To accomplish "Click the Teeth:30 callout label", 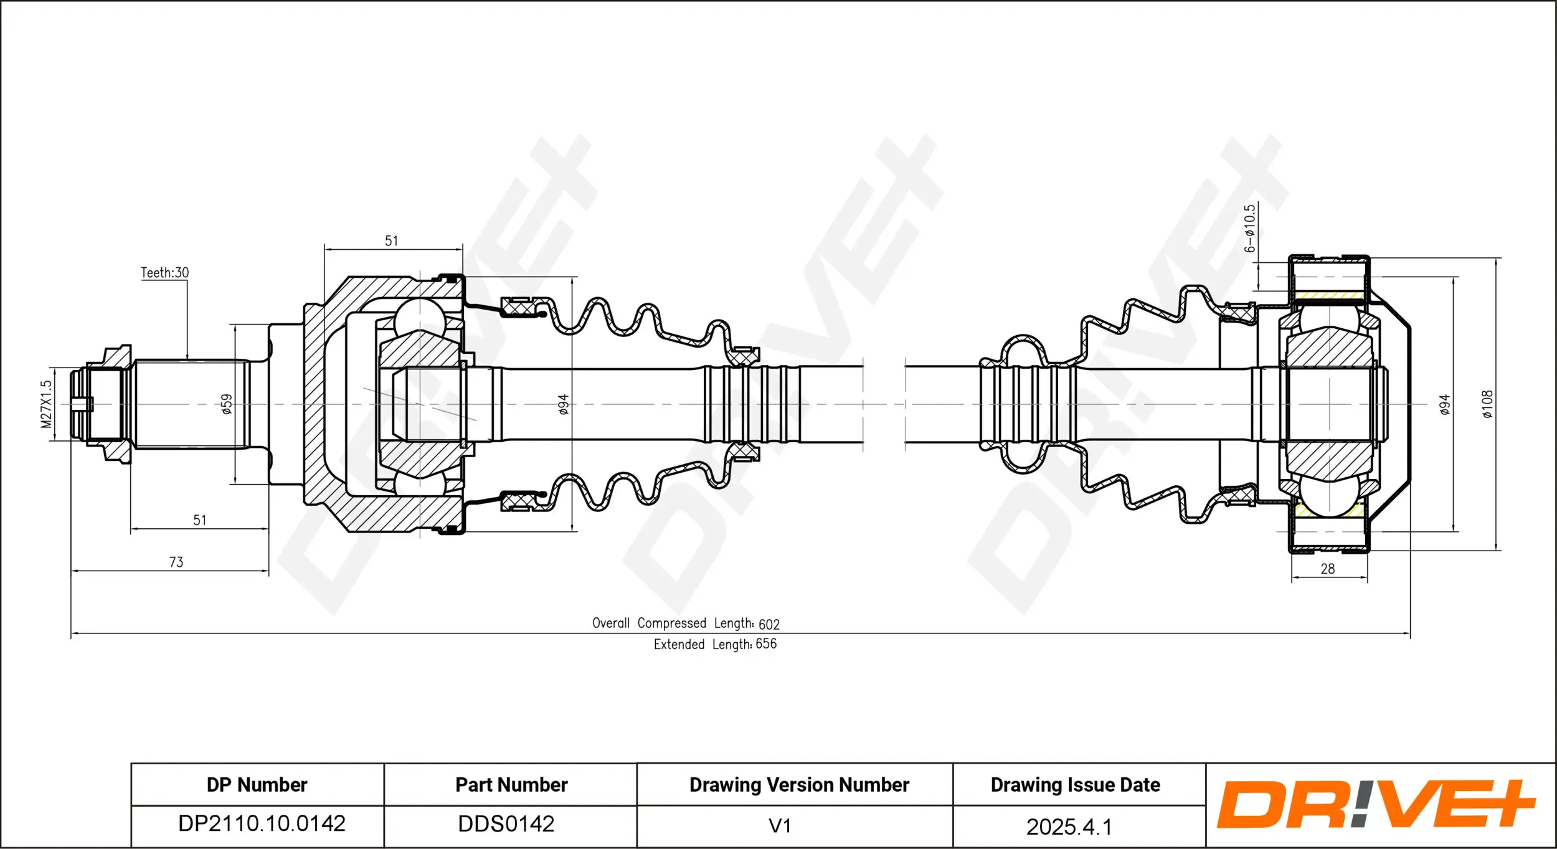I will click(164, 273).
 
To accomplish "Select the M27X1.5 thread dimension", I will click(46, 404).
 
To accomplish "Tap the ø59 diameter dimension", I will click(227, 404).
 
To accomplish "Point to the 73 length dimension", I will click(176, 562).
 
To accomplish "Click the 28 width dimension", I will click(1327, 569).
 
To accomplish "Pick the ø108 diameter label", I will click(1487, 404).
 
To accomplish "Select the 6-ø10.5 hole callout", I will click(1249, 229).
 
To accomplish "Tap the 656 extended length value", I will click(766, 644).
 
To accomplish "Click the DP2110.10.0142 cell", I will click(262, 823).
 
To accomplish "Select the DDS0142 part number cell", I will click(506, 824).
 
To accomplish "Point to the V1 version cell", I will click(780, 826).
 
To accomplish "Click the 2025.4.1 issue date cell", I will click(1069, 827).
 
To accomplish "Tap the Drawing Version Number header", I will click(799, 785).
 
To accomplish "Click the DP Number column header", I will click(257, 785).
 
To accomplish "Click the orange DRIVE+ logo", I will click(1376, 804).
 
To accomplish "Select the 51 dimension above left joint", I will click(391, 241).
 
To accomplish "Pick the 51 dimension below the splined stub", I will click(199, 520).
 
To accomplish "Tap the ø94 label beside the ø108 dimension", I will click(1444, 404).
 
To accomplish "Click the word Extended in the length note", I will click(679, 645).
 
